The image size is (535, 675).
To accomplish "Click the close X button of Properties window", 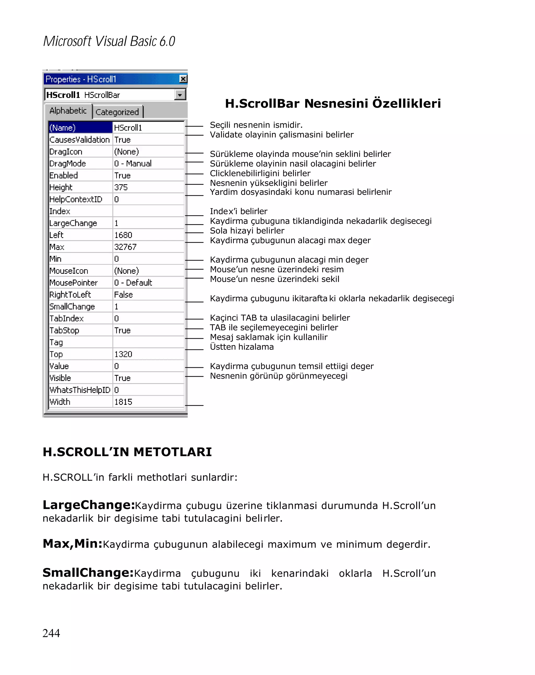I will [183, 79].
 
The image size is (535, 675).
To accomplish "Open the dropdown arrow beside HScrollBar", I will [180, 95].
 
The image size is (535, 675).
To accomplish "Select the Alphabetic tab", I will [68, 111].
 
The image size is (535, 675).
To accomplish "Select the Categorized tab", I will [117, 112].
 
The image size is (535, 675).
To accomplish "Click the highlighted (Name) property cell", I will [80, 128].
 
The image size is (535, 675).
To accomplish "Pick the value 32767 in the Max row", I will [125, 247].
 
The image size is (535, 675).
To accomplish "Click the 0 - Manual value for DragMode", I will [133, 164].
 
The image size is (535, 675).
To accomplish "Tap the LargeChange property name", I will [73, 223].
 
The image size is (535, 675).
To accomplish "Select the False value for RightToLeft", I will [123, 295].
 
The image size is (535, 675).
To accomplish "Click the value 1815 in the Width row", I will [123, 402].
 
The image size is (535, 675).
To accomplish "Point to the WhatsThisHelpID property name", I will [80, 390].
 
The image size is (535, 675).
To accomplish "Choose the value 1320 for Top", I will [123, 354].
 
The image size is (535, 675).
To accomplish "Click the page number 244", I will [51, 633].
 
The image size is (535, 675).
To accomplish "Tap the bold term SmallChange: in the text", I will [88, 573].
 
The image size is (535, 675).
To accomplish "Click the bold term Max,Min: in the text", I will [73, 544].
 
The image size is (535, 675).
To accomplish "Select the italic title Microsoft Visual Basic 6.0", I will [109, 41].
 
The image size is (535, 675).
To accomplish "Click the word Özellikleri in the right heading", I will [406, 103].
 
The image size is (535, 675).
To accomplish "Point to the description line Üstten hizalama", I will [242, 347].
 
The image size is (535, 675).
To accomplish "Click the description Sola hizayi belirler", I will [247, 231].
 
